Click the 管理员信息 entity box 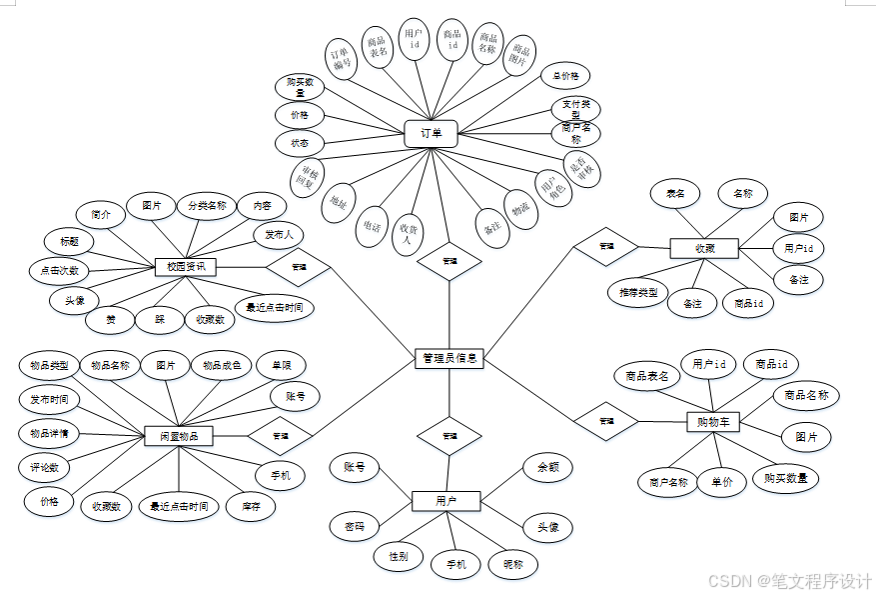click(x=448, y=358)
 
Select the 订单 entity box click(x=432, y=134)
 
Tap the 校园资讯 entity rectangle click(x=186, y=266)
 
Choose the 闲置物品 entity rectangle click(x=179, y=436)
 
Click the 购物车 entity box click(x=713, y=423)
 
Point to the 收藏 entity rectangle click(x=704, y=247)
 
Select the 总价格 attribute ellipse click(x=565, y=76)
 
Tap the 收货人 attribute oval click(x=407, y=234)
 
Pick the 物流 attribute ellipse click(x=520, y=209)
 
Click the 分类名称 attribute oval click(x=208, y=207)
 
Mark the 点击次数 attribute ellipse click(x=60, y=270)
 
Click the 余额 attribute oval click(x=547, y=467)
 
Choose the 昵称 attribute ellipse click(x=512, y=565)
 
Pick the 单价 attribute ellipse click(x=721, y=482)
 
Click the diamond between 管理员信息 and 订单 click(x=448, y=261)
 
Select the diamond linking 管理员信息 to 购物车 click(x=605, y=421)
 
